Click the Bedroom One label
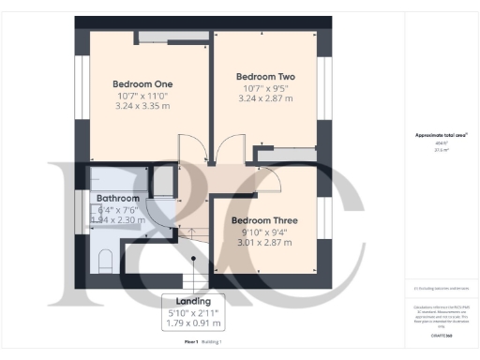[142, 82]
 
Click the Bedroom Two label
[265, 76]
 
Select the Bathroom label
[118, 199]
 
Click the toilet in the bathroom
[104, 260]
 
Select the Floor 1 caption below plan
[191, 343]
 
